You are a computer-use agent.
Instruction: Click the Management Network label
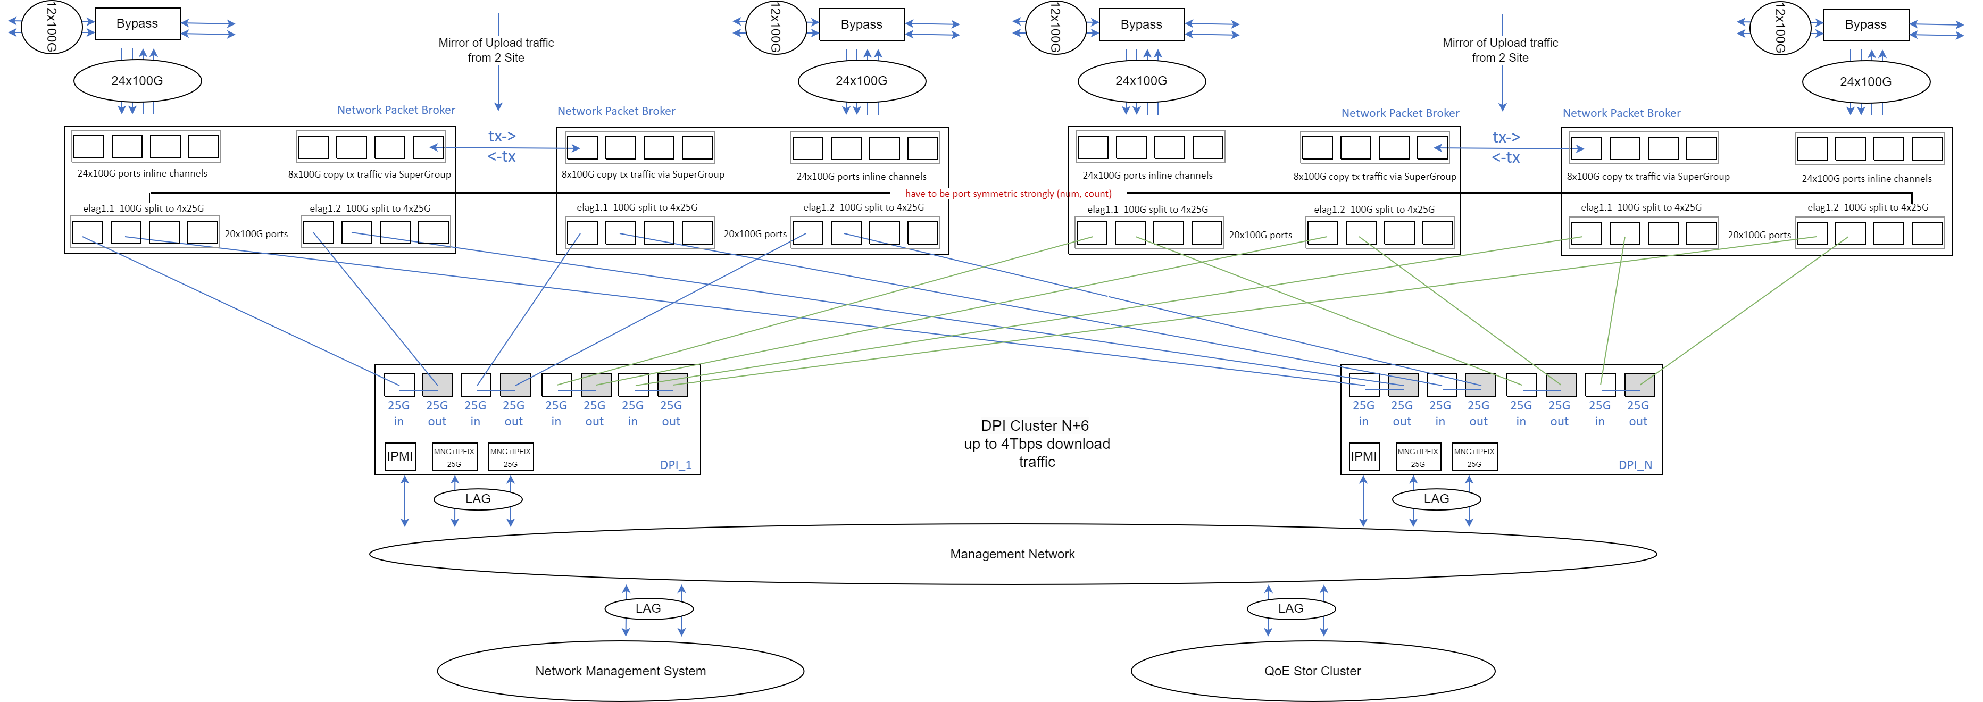(1012, 554)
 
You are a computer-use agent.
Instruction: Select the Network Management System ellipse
(620, 671)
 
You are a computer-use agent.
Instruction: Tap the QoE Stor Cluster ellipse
(1312, 671)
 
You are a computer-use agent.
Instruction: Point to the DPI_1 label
(675, 465)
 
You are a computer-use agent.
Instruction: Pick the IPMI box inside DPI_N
(1363, 456)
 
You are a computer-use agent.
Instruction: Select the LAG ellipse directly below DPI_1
(478, 499)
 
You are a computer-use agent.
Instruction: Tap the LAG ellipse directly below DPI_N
(1436, 499)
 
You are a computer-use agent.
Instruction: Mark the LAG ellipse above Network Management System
(648, 608)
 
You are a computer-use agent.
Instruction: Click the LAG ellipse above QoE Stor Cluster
(1291, 608)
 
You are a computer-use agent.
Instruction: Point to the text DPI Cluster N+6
(1035, 425)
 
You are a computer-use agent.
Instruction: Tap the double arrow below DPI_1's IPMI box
(405, 501)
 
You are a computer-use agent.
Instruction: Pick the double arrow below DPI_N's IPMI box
(1363, 501)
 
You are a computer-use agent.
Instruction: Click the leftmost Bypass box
(137, 24)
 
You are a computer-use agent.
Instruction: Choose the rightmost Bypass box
(1865, 24)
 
